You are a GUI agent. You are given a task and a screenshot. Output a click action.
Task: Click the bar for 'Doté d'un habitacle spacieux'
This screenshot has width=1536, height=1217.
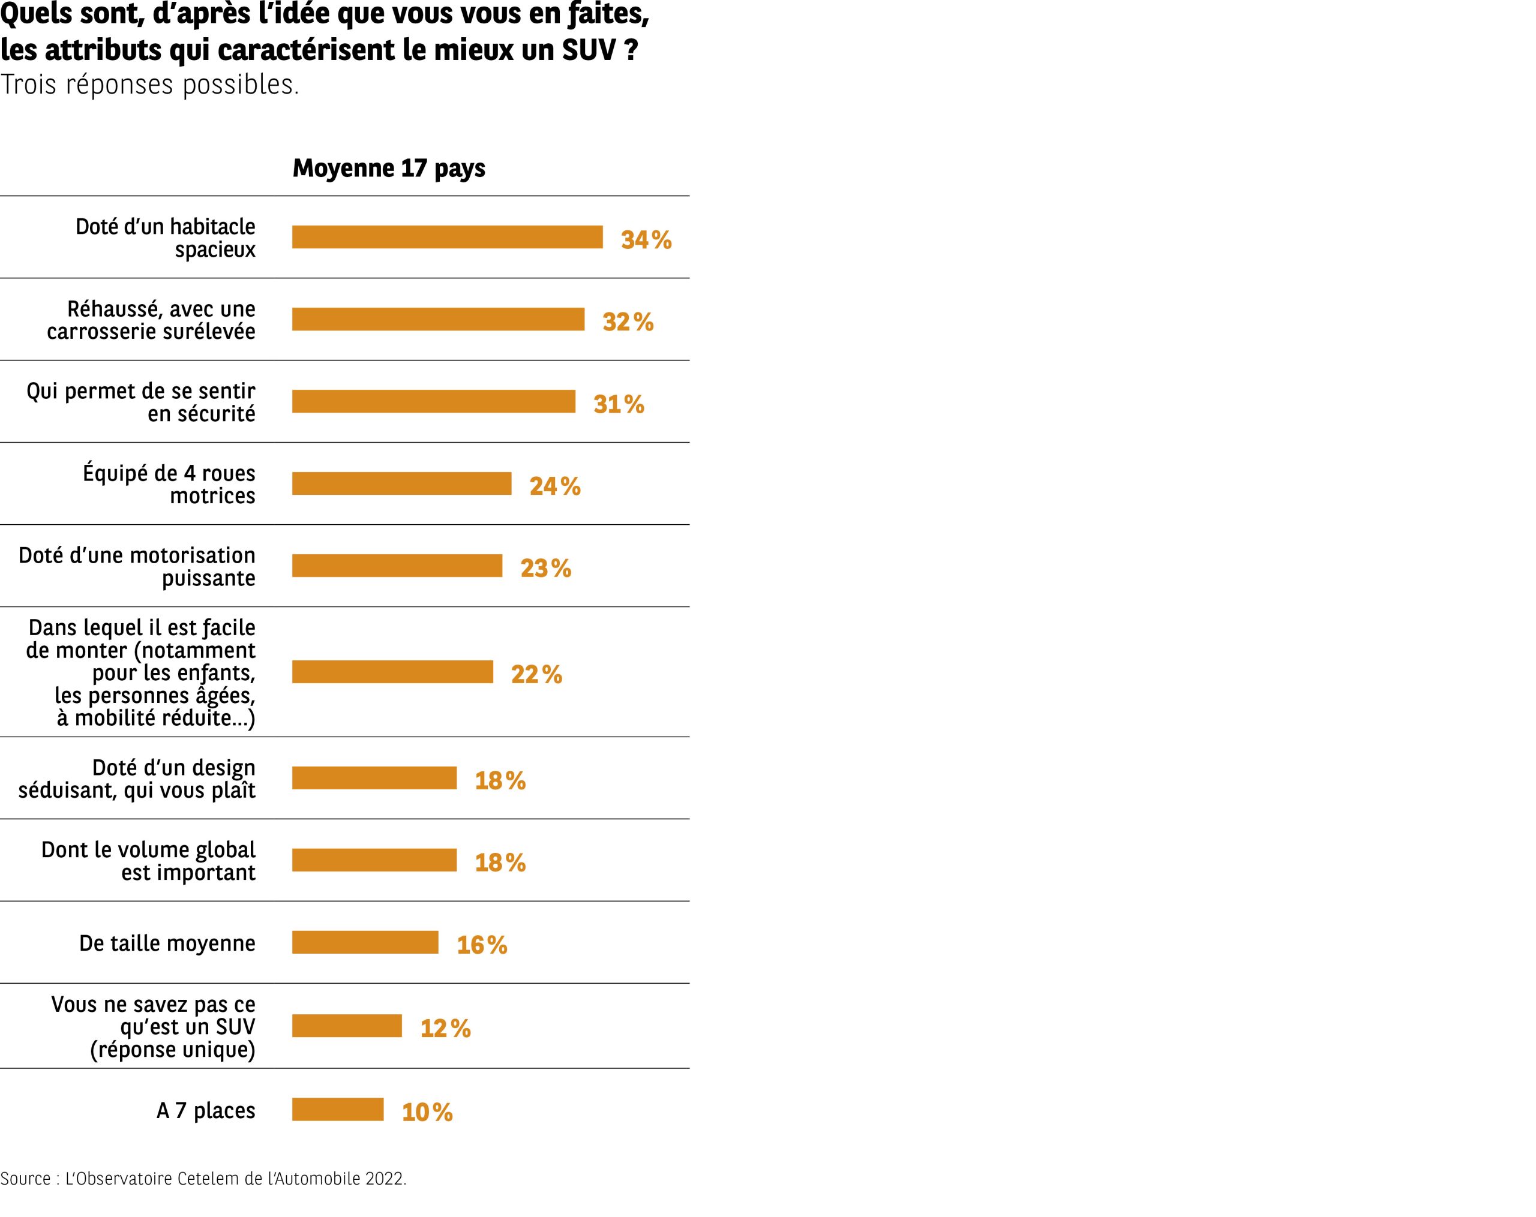[448, 237]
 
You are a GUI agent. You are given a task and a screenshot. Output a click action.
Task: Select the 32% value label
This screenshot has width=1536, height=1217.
[628, 322]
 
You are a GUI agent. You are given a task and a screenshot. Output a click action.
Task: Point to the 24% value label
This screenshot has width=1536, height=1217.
[554, 486]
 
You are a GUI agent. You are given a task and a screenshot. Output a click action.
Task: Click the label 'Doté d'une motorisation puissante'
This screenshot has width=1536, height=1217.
[137, 566]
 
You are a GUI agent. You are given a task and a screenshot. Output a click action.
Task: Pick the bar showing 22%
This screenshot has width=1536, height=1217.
[392, 672]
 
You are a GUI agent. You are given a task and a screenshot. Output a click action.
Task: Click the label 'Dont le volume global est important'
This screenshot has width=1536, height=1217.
[148, 860]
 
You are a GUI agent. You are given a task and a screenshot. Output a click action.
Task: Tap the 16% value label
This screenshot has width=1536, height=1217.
[482, 944]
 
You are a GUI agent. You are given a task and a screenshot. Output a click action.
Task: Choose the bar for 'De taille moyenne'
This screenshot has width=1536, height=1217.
[365, 942]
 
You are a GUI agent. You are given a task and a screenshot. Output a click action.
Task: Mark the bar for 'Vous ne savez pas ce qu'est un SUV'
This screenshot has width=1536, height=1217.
[346, 1026]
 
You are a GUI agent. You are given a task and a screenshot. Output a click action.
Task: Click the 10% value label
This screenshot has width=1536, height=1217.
[427, 1111]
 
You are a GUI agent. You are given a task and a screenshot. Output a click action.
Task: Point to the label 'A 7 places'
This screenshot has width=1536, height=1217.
[205, 1110]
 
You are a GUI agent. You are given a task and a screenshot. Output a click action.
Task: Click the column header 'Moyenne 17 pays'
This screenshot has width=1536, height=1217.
[389, 168]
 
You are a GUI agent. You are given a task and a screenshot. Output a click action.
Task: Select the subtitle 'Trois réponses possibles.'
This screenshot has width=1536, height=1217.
[149, 84]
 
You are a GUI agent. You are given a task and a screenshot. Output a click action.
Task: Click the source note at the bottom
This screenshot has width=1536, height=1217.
[203, 1179]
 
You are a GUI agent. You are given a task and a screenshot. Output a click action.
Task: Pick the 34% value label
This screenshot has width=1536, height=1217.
[646, 240]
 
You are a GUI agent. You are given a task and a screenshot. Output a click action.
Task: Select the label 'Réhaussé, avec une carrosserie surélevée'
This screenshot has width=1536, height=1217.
[151, 320]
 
